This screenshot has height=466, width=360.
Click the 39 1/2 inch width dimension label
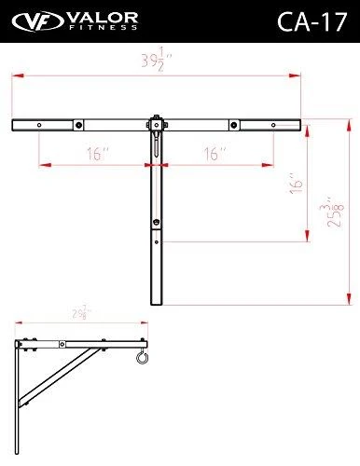(157, 63)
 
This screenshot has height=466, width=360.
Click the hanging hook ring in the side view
(140, 359)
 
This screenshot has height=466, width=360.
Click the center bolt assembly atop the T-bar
(158, 122)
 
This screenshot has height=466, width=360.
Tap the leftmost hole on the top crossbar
(38, 126)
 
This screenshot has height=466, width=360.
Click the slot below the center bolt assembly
(158, 146)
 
